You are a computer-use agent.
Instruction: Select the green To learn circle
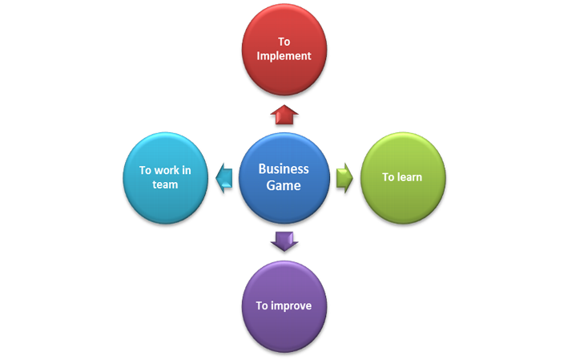click(x=401, y=177)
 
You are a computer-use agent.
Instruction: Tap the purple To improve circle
click(x=284, y=305)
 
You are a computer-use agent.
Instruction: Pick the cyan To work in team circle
click(x=164, y=177)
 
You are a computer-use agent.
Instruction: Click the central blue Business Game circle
click(x=283, y=177)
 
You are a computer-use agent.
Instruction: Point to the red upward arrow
click(x=284, y=116)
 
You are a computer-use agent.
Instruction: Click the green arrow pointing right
click(x=344, y=177)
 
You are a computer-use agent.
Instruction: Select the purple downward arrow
click(x=284, y=240)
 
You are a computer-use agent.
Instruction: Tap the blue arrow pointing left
click(x=224, y=177)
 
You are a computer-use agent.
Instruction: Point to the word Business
click(x=284, y=169)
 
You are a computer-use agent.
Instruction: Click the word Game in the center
click(x=284, y=186)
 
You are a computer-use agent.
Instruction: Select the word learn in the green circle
click(x=409, y=177)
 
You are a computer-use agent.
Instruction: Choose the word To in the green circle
click(x=387, y=177)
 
